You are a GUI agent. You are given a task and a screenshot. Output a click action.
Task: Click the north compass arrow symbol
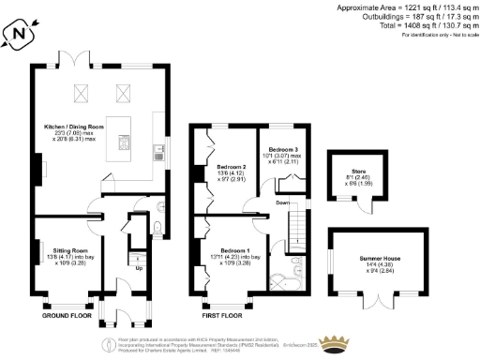point(18,37)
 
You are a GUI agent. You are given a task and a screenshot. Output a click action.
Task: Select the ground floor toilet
point(157,228)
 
